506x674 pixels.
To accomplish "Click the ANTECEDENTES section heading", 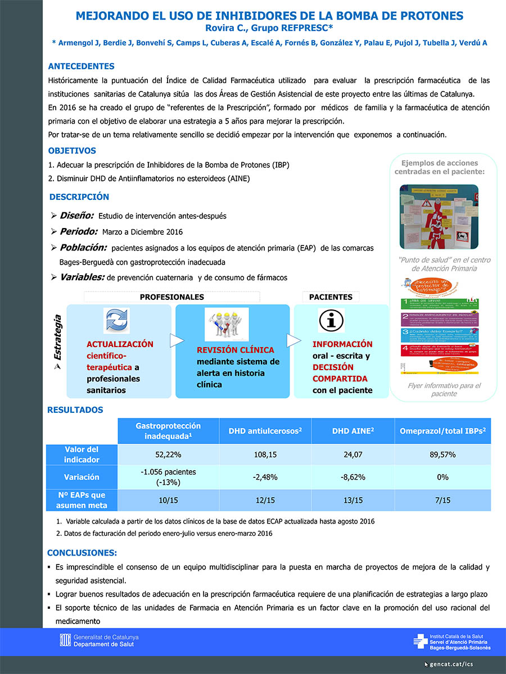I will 81,66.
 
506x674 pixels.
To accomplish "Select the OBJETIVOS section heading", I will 72,151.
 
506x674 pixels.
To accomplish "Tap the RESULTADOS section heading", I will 75,410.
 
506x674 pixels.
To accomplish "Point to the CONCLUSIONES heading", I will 82,553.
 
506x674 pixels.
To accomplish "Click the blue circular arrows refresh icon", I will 117,321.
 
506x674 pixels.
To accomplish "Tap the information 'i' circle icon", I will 331,320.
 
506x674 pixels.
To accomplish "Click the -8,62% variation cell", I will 353,477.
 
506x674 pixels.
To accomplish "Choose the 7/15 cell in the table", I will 442,500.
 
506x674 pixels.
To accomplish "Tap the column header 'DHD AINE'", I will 353,431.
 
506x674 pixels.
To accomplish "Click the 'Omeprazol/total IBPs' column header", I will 442,431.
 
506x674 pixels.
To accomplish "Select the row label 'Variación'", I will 82,477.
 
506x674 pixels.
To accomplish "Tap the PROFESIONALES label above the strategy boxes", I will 171,297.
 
